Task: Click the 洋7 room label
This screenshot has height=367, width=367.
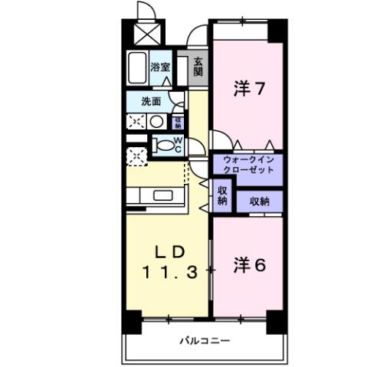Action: (249, 88)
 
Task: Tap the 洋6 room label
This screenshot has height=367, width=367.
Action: (249, 266)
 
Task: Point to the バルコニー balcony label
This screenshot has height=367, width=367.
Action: (205, 340)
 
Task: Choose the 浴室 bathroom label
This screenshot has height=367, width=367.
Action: (160, 67)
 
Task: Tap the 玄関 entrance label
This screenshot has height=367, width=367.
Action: (198, 67)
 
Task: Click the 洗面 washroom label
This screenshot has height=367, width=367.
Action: (150, 101)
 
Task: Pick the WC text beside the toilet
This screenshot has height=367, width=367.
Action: (177, 145)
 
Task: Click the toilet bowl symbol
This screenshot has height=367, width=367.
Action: (162, 145)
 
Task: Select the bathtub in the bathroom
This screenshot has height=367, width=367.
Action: (138, 70)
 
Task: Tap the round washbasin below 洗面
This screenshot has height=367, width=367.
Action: (155, 121)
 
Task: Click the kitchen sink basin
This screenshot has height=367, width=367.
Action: (164, 195)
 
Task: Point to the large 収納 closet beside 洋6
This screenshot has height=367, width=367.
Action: (259, 202)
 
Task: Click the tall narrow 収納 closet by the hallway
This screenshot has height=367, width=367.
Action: (221, 195)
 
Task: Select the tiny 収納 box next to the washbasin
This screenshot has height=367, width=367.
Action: (178, 120)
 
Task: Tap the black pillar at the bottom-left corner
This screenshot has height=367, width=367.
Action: (133, 322)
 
